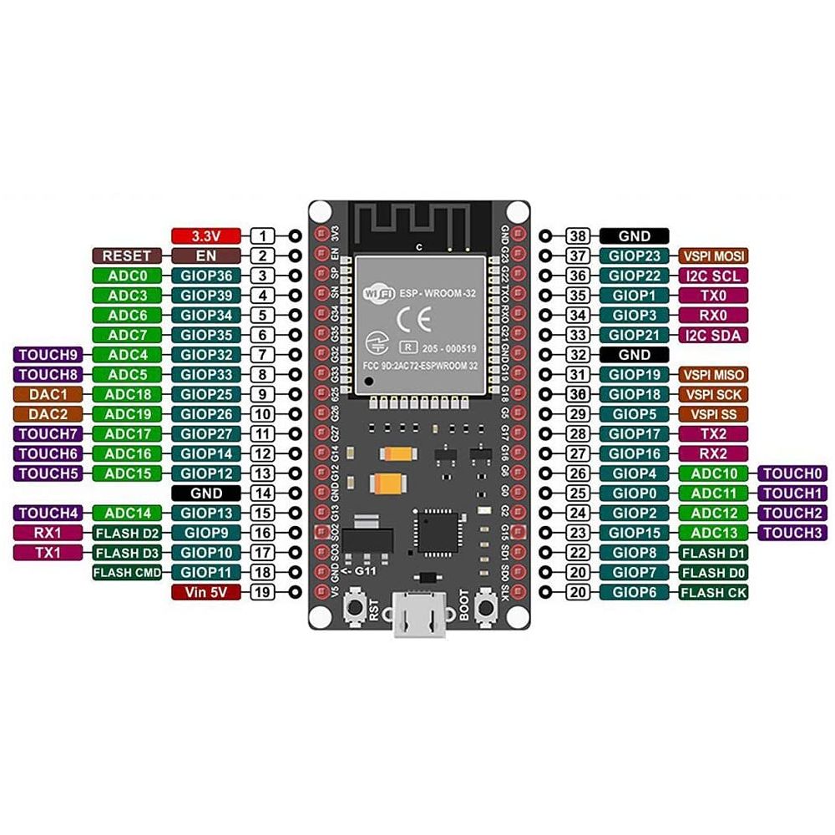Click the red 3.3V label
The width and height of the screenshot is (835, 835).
205,236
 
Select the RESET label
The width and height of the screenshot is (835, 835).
126,256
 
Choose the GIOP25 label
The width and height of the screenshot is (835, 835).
205,394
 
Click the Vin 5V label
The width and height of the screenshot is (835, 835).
205,592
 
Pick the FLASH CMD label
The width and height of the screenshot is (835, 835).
126,572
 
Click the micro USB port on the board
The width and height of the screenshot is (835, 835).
420,619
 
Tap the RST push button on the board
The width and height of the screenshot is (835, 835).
356,607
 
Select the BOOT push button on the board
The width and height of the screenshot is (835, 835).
483,607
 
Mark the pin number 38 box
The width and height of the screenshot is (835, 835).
577,236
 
